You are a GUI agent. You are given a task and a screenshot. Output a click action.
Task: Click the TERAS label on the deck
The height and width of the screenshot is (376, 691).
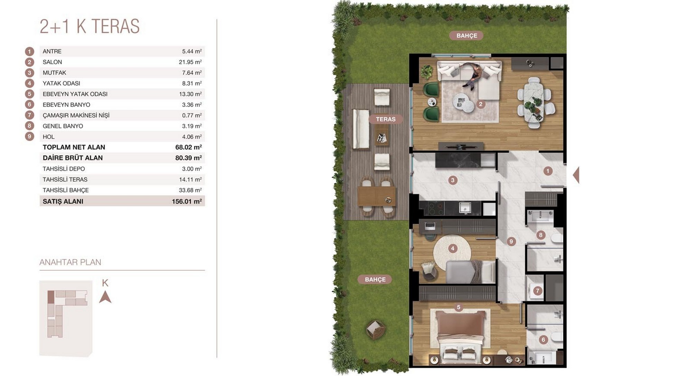pos(386,119)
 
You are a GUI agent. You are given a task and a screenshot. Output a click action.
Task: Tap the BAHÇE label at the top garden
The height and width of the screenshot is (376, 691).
pos(466,36)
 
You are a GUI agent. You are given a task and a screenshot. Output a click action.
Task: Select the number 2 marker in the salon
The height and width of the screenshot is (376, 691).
pos(480,104)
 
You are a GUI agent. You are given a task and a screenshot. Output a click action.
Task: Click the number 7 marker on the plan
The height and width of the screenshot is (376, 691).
pos(537,291)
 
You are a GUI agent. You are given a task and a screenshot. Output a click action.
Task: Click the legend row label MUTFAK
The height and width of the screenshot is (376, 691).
pos(54,73)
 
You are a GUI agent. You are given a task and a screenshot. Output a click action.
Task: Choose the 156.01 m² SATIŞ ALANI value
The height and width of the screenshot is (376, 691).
pos(187,201)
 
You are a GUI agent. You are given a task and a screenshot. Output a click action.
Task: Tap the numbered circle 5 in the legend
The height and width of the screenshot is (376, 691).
pos(29,94)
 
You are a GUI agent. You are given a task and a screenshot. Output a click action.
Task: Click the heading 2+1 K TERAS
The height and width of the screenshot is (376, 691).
pos(89,26)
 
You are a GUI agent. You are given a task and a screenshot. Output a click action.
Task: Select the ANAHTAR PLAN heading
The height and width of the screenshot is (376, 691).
pos(70,262)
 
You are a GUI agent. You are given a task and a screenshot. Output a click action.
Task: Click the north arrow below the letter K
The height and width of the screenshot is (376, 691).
pos(105,297)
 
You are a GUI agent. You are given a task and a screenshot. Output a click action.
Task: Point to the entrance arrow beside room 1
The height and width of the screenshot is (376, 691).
pos(576,175)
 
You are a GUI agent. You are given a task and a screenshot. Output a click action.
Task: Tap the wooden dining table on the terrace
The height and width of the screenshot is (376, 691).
pos(377,196)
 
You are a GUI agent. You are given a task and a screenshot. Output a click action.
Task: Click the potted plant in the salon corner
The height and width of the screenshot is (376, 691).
pos(427,72)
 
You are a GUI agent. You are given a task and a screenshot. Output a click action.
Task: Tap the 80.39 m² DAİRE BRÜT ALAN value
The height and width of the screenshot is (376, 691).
pos(189,158)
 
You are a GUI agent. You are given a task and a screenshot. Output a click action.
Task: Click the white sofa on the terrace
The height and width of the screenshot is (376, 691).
pos(361,129)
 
